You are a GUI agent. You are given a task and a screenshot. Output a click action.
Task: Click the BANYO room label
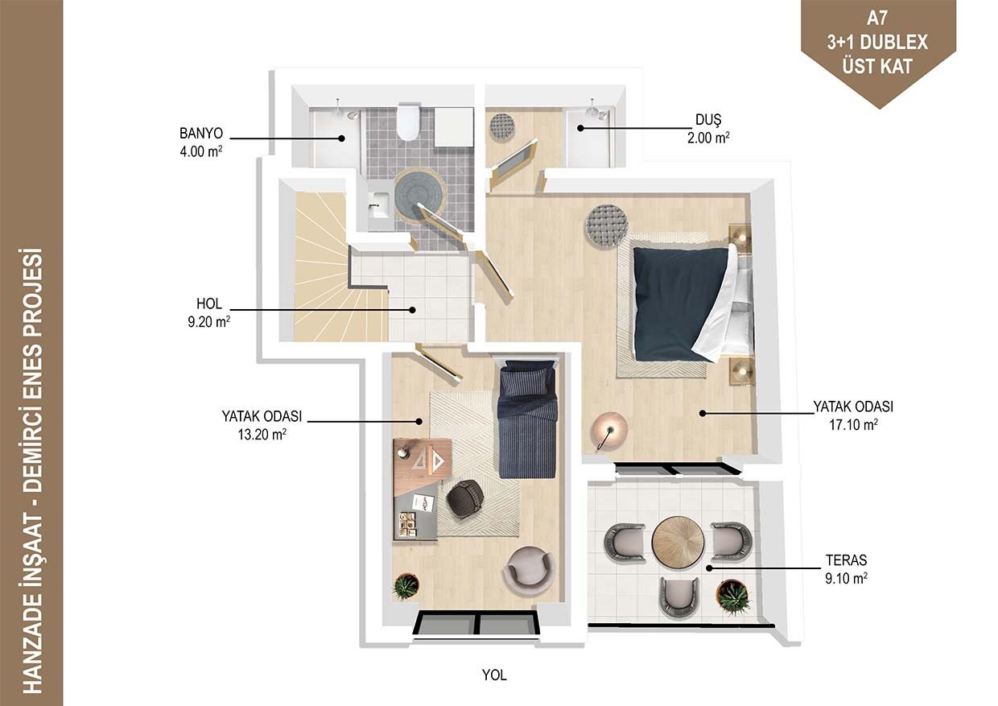(x=201, y=134)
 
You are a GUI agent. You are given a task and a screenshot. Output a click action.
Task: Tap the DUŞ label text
(x=708, y=119)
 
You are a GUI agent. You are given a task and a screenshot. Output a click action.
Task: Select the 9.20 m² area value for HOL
(x=208, y=322)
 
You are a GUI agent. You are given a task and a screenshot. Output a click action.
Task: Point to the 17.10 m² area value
(x=853, y=425)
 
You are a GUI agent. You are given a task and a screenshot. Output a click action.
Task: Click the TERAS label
(x=846, y=560)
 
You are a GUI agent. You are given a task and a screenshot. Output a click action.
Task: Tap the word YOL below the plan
(x=494, y=675)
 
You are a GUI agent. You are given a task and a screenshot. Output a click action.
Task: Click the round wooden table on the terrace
(x=678, y=542)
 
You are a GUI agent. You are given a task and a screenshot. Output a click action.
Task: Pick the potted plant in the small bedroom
(x=406, y=587)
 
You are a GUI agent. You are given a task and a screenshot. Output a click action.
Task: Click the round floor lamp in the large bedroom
(x=609, y=431)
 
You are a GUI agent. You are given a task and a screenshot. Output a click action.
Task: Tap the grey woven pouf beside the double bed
(x=607, y=225)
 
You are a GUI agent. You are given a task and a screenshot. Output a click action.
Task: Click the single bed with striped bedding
(x=527, y=419)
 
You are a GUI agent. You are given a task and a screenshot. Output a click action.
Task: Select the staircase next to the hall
(x=334, y=266)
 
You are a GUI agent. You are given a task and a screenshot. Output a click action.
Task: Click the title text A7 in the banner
(x=877, y=19)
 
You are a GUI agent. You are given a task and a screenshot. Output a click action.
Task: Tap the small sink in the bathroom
(x=379, y=204)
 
